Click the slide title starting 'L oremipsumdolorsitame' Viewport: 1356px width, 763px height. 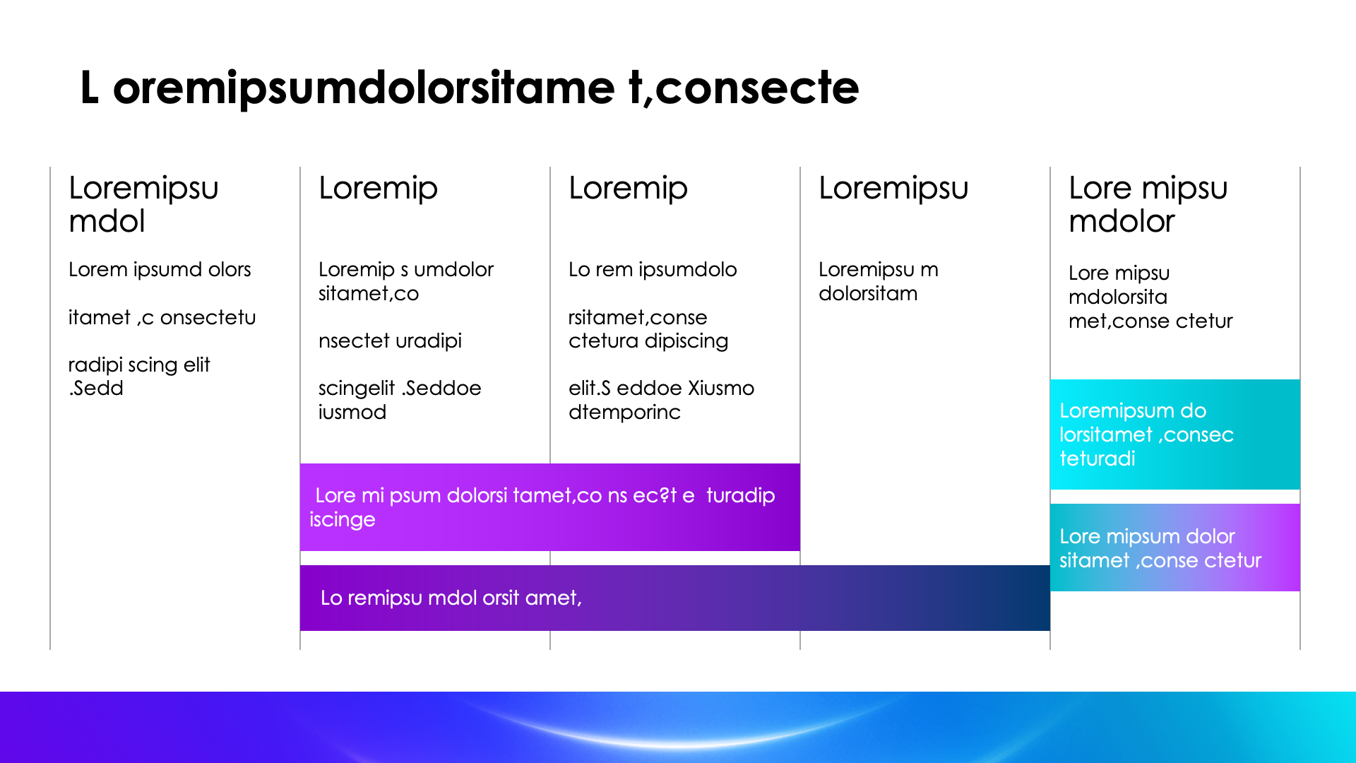coord(469,88)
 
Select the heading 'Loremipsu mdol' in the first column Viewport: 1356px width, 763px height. coord(143,204)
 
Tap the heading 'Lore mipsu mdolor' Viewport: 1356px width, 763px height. coord(1148,204)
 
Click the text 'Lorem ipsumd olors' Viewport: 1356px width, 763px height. coord(160,270)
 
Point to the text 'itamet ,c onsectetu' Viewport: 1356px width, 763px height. coord(162,318)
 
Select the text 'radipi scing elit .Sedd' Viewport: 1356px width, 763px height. coord(138,377)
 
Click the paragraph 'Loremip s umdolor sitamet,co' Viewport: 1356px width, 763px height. coord(405,281)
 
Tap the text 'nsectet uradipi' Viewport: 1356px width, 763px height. coord(390,341)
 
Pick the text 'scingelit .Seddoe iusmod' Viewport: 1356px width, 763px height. coord(399,400)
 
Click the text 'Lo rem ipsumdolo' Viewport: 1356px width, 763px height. coord(653,270)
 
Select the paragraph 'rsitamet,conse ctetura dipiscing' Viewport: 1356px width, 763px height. coord(648,329)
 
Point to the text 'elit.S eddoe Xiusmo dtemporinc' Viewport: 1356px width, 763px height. coord(661,400)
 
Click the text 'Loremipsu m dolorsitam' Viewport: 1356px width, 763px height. coord(878,281)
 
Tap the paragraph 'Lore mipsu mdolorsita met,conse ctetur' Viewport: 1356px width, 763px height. coord(1150,297)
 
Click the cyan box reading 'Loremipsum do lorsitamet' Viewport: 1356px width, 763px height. coord(1174,434)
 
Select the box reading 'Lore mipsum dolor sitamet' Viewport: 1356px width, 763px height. coord(1174,548)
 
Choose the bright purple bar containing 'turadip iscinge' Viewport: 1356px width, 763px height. coord(549,507)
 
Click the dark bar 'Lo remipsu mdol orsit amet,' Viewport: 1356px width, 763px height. coord(674,598)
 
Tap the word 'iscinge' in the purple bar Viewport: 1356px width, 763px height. coord(343,520)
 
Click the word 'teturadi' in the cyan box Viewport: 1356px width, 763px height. coord(1097,459)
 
